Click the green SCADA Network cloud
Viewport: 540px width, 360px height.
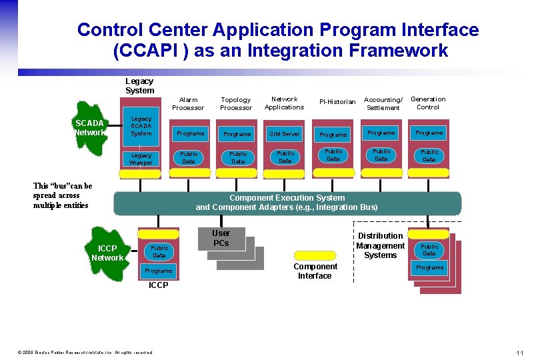pyautogui.click(x=89, y=127)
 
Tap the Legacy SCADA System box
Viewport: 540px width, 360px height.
pyautogui.click(x=141, y=126)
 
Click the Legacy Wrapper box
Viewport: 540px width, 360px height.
pyautogui.click(x=141, y=159)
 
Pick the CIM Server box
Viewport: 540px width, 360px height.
pyautogui.click(x=285, y=133)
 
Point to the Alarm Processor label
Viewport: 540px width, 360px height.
pyautogui.click(x=188, y=103)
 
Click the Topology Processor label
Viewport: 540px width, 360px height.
pyautogui.click(x=236, y=103)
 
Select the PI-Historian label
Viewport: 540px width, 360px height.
pyautogui.click(x=337, y=102)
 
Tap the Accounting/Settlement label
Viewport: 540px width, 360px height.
pyautogui.click(x=383, y=103)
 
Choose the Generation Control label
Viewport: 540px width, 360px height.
pyautogui.click(x=428, y=103)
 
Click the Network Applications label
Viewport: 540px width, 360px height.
pyautogui.click(x=284, y=103)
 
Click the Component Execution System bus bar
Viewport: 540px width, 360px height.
pyautogui.click(x=287, y=203)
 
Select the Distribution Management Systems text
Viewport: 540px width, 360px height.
pyautogui.click(x=380, y=245)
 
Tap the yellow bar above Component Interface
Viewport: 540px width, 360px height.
pyautogui.click(x=314, y=255)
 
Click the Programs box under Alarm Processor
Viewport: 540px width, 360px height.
pyautogui.click(x=190, y=133)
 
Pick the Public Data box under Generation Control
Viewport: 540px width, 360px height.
pyautogui.click(x=429, y=156)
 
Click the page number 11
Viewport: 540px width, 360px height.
pyautogui.click(x=519, y=352)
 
